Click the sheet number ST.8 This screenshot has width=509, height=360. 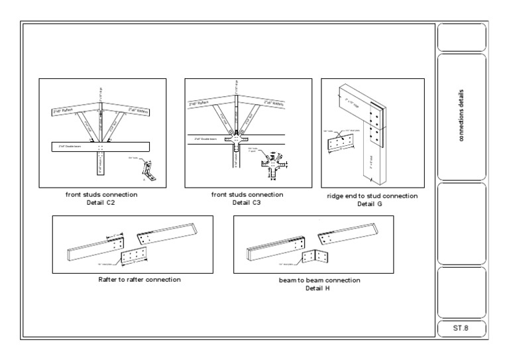[461, 328]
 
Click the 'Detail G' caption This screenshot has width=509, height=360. [372, 204]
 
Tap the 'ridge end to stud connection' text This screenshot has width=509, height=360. [372, 196]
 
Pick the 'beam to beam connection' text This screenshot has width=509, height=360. [319, 280]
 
